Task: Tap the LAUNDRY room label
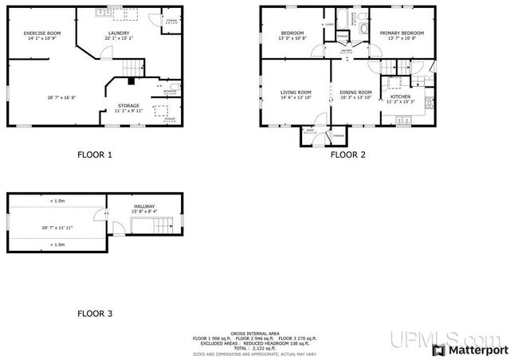(118, 33)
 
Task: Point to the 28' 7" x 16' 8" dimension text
(61, 97)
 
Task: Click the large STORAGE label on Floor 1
(128, 105)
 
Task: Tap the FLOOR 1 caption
(94, 155)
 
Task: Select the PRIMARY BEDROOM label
(401, 33)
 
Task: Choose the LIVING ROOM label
(295, 92)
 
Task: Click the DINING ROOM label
(355, 92)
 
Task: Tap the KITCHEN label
(400, 96)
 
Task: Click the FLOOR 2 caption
(347, 155)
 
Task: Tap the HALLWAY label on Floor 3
(144, 206)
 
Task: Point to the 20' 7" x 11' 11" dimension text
(57, 228)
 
